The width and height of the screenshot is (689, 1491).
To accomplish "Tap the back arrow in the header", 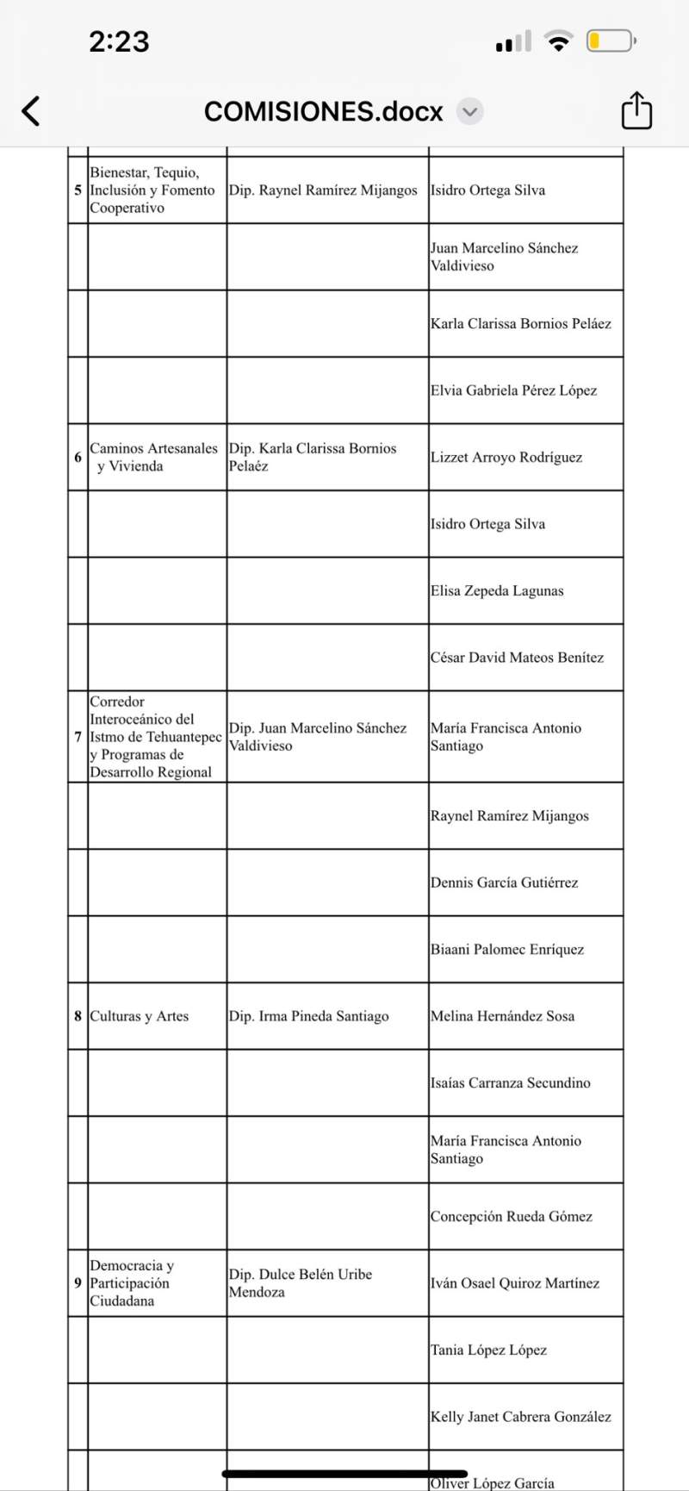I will coord(31,111).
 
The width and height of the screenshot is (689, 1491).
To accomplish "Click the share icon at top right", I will coord(636,111).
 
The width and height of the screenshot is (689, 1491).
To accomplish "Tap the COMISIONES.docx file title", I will coord(323,112).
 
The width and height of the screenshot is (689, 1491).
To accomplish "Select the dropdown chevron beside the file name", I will coord(469,111).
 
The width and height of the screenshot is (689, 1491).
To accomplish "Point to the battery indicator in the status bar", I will coord(611,41).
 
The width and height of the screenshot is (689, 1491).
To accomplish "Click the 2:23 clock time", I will coord(119,41).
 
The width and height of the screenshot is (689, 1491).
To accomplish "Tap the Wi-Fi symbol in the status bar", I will coord(560,41).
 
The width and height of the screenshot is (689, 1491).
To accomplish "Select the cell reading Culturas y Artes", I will coord(140,1016).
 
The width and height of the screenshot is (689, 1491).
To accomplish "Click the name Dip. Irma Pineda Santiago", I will coord(308,1016).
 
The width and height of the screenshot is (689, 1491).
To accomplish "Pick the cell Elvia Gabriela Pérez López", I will coord(513,390).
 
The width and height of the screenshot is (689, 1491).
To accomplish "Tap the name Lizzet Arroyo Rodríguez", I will coord(506,457).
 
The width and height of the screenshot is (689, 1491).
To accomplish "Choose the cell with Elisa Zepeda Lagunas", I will coord(497,590).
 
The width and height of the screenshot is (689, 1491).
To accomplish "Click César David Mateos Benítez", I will coord(517,657).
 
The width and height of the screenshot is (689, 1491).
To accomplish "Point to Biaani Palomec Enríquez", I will coord(507,949).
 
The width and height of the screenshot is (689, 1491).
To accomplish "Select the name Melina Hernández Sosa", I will coord(502,1016).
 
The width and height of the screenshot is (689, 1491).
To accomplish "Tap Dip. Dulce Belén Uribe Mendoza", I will coord(300,1282).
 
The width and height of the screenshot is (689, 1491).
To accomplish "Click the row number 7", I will coord(78,737).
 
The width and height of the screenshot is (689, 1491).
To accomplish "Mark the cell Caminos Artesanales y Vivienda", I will coord(153,457).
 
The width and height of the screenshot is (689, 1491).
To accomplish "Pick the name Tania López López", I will coord(488,1350).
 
